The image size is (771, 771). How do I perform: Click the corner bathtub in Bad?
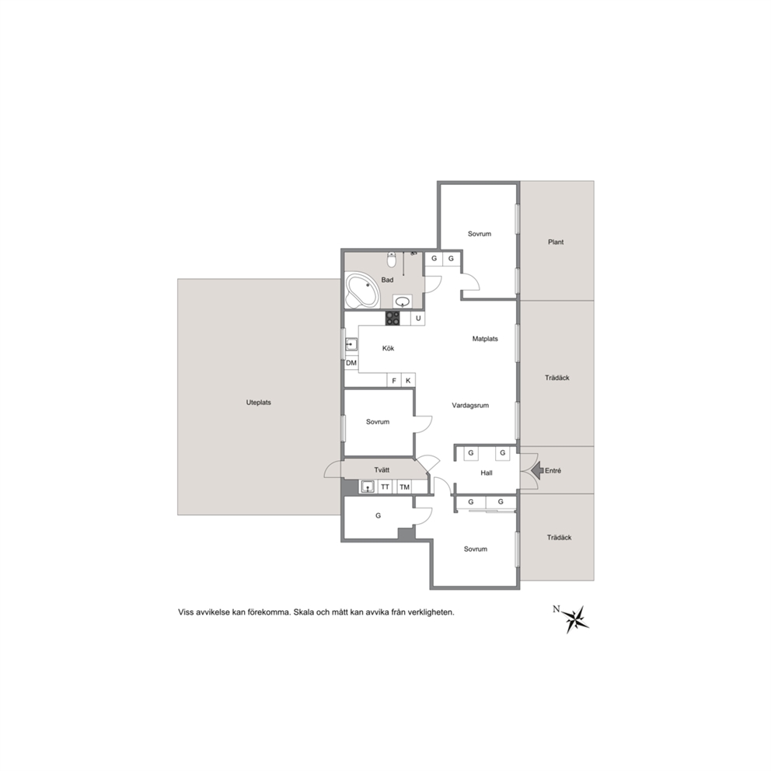(364, 290)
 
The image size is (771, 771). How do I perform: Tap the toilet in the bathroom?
(392, 260)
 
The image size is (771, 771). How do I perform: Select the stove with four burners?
(392, 318)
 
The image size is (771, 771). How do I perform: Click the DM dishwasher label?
(351, 363)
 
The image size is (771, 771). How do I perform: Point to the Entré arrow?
(537, 470)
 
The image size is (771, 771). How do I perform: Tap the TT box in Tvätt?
(385, 487)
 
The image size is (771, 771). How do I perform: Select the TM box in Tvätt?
(405, 487)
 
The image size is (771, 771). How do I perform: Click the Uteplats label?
(259, 403)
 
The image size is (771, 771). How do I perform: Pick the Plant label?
(556, 242)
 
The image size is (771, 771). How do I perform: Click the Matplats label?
(485, 339)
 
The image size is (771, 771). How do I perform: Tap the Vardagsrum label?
(470, 406)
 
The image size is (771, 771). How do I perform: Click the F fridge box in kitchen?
(394, 380)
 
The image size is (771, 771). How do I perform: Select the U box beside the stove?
(418, 318)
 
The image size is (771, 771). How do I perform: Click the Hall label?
(487, 473)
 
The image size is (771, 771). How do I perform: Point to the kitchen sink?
(351, 344)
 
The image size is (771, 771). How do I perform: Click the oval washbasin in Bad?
(403, 301)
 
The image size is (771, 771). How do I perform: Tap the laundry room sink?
(368, 487)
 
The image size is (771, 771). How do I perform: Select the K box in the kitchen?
(408, 380)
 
